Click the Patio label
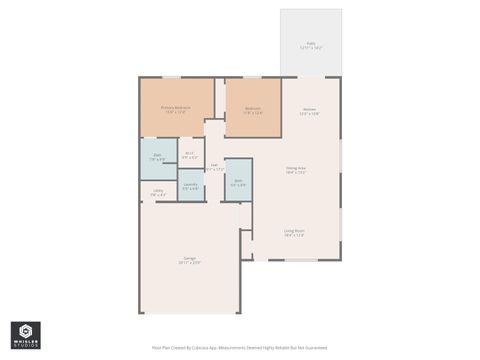(x=310, y=43)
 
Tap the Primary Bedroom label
(x=175, y=107)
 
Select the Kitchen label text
(x=309, y=109)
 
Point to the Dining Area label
(x=295, y=168)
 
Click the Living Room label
(x=294, y=230)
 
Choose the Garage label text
(x=189, y=258)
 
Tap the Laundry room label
(x=190, y=184)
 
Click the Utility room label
(x=158, y=190)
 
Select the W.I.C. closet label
(x=189, y=153)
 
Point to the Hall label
(x=214, y=165)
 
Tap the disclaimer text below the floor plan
(x=239, y=348)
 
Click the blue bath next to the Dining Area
(x=238, y=181)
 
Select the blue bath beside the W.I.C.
(x=158, y=157)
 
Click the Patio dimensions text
(x=310, y=48)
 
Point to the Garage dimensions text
(x=189, y=263)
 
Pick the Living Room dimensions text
(x=294, y=235)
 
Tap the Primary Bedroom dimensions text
(x=175, y=112)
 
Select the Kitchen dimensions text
(x=309, y=114)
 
